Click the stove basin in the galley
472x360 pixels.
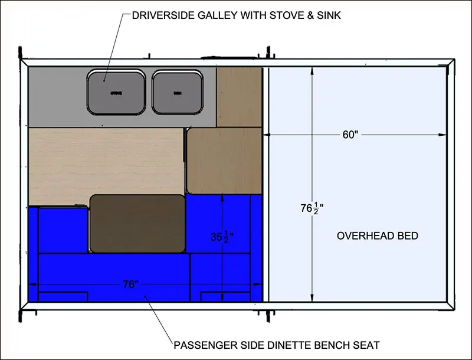pyautogui.click(x=116, y=92)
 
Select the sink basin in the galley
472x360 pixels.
pyautogui.click(x=178, y=92)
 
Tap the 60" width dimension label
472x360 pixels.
pyautogui.click(x=350, y=135)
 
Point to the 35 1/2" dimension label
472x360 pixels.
pyautogui.click(x=222, y=237)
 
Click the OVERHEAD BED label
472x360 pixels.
pyautogui.click(x=378, y=236)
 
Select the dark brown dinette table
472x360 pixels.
pyautogui.click(x=137, y=223)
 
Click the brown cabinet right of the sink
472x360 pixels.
pyautogui.click(x=239, y=96)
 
